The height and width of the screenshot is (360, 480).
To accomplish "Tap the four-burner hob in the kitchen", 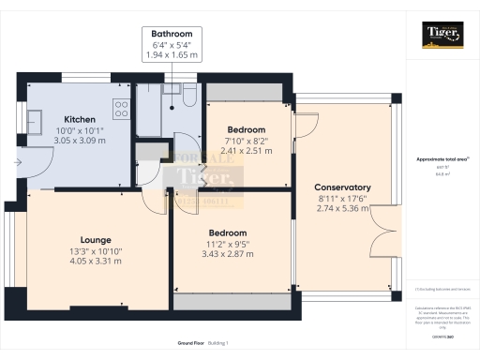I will [121, 110].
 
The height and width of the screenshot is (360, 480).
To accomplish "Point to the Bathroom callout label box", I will [172, 44].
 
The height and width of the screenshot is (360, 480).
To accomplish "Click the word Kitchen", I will [79, 118].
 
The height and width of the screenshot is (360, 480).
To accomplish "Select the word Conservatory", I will [342, 187].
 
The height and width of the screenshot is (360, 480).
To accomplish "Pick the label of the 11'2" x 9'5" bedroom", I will [228, 232].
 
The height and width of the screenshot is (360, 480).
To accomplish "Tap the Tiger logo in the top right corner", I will [441, 35].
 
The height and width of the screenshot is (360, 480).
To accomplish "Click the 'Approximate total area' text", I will [439, 159].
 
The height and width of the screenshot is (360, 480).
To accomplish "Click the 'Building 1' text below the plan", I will [217, 344].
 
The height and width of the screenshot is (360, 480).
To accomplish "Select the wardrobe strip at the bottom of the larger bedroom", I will [228, 304].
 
